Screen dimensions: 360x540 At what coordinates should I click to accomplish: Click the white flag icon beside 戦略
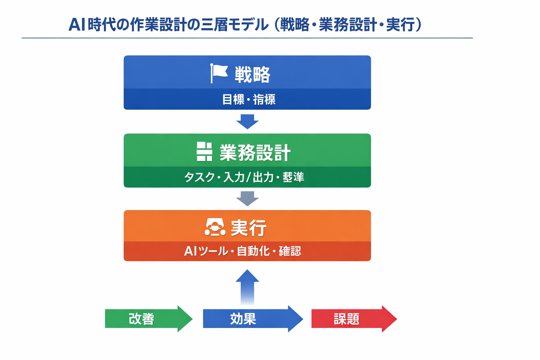coord(219,73)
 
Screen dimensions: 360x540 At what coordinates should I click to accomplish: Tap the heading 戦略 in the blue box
coord(252,75)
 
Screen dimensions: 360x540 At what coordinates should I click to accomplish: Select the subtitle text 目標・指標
coord(249,99)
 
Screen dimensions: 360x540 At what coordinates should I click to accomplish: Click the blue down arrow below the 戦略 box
coord(247,121)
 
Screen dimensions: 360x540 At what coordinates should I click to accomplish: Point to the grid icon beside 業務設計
coord(204,152)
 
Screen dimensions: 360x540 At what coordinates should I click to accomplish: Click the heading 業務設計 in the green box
coord(255,153)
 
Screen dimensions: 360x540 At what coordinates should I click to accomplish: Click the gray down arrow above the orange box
coord(247,199)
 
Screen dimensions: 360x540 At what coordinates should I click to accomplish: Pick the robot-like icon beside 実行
coord(215,227)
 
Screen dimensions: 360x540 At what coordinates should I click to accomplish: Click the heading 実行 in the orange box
coord(249,228)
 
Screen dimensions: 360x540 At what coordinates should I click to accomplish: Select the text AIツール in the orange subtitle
coord(206,251)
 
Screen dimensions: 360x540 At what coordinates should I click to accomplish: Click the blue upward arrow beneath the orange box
coord(247,287)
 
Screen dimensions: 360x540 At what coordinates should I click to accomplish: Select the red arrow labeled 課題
coord(353,319)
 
